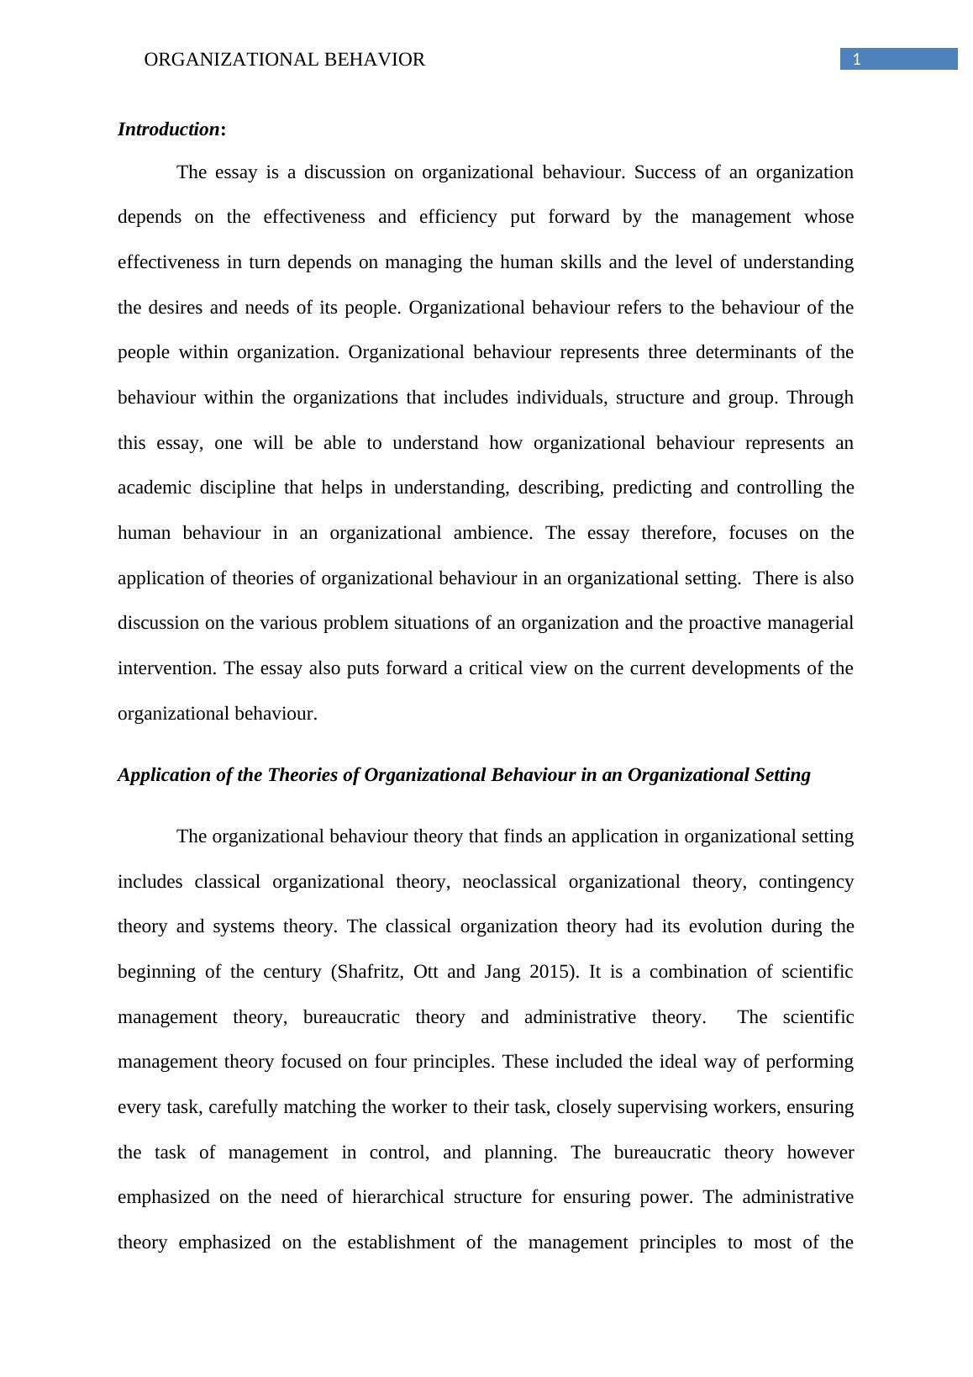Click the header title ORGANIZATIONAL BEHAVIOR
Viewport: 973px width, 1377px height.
click(x=285, y=60)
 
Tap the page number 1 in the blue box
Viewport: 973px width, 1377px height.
click(x=856, y=59)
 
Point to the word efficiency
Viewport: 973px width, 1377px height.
click(x=460, y=217)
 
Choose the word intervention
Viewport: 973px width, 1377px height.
click(x=166, y=668)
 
